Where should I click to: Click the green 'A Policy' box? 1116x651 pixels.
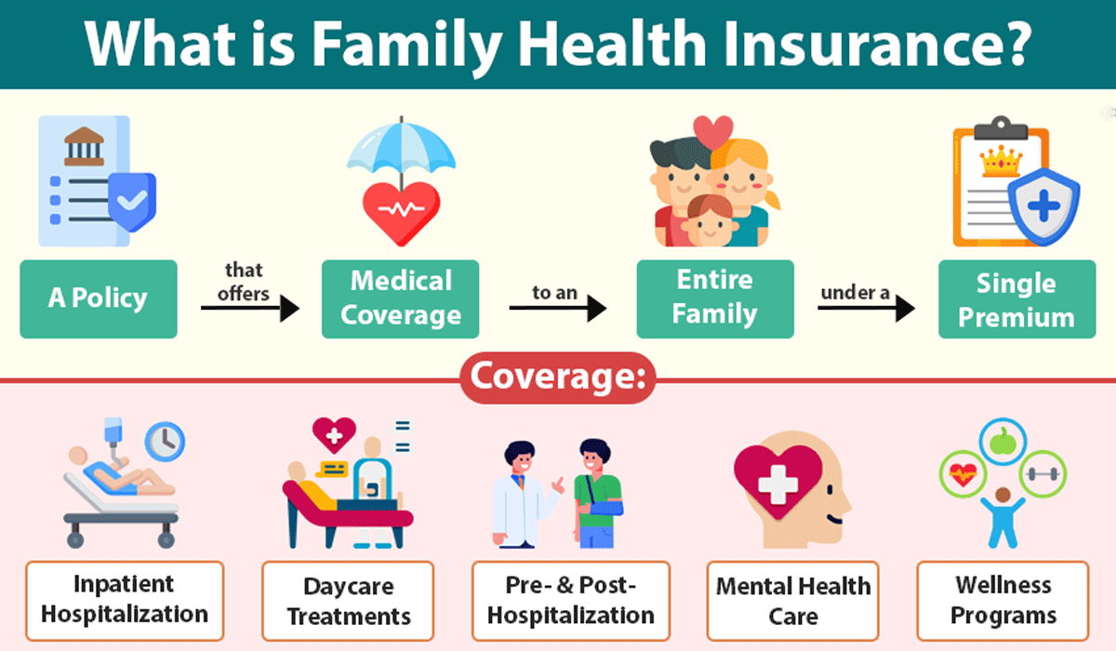(x=98, y=299)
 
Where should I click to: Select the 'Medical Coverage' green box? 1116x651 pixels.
(x=400, y=299)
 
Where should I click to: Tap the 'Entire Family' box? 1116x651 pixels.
(x=715, y=299)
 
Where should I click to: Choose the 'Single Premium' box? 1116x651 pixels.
(x=1016, y=300)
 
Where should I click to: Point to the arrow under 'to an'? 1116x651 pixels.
(x=557, y=310)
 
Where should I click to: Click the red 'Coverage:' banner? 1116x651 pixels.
(x=557, y=378)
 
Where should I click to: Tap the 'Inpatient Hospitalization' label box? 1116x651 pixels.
(x=125, y=600)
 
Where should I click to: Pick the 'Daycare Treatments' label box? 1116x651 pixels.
(x=348, y=601)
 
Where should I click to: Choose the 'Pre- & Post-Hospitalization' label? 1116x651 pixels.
(x=570, y=601)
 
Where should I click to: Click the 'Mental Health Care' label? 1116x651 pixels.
(x=793, y=601)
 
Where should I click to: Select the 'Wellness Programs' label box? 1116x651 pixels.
(x=1003, y=601)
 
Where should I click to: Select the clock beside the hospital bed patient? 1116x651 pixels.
(x=164, y=440)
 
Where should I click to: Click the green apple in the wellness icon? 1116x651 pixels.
(x=1001, y=441)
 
